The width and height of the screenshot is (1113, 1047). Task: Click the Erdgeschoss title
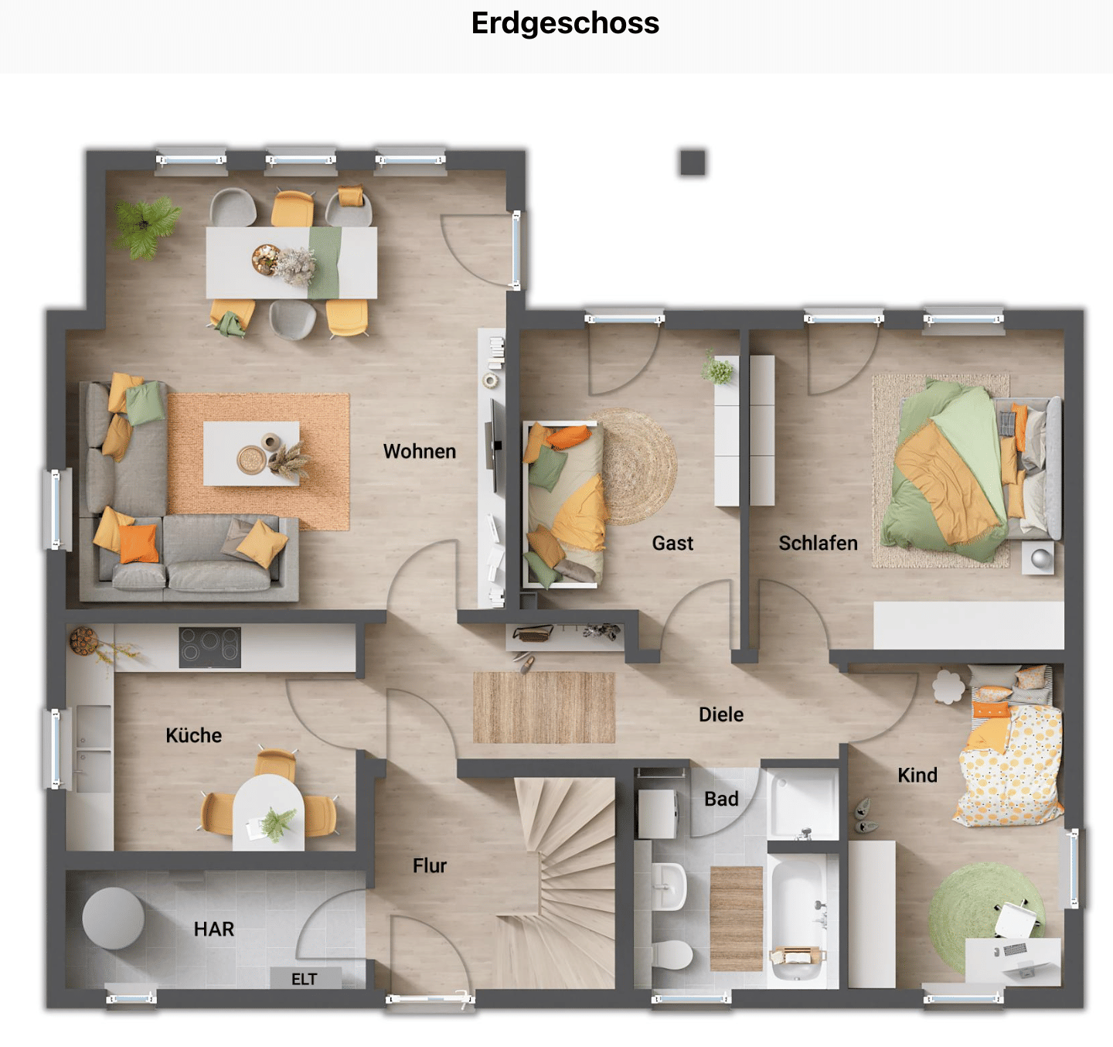click(x=565, y=23)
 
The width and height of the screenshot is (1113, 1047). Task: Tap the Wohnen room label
click(x=419, y=452)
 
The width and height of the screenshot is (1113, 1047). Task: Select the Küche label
click(x=194, y=735)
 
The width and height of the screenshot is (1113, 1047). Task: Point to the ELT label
click(x=305, y=979)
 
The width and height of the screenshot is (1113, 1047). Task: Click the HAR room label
click(x=214, y=929)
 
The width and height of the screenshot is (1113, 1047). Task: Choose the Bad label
click(x=721, y=799)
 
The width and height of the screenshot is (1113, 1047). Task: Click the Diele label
click(x=721, y=714)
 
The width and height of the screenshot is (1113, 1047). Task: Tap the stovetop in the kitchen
click(x=209, y=647)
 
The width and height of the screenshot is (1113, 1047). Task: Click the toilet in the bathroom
click(x=672, y=954)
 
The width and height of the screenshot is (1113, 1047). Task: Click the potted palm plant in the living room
click(x=146, y=227)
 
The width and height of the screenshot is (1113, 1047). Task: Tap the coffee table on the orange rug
click(x=251, y=453)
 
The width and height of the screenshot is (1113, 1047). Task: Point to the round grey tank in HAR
click(x=113, y=918)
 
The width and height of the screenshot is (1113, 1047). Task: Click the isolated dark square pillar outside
click(x=693, y=162)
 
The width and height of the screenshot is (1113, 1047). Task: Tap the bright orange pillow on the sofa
click(x=138, y=543)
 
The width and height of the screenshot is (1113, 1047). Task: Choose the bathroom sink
click(x=669, y=887)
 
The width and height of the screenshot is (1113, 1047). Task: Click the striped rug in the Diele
click(x=544, y=708)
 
